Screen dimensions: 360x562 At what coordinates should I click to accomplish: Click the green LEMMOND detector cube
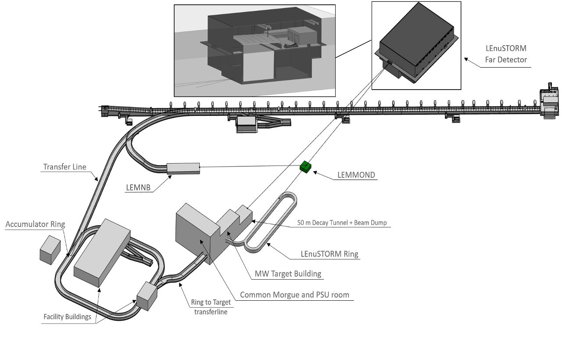click(306, 167)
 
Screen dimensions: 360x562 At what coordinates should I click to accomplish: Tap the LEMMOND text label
click(356, 175)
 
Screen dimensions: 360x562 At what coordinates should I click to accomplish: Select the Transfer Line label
click(64, 167)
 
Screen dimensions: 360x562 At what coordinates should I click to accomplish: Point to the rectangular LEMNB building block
click(183, 168)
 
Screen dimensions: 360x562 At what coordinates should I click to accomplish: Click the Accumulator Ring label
click(35, 224)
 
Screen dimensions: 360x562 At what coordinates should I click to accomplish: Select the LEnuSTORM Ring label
click(329, 254)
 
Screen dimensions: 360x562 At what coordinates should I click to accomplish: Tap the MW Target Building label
click(288, 274)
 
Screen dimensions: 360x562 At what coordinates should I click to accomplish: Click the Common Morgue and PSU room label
click(294, 295)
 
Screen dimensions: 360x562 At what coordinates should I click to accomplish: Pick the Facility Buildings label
click(67, 317)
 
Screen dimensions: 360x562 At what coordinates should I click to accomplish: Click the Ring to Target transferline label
click(211, 307)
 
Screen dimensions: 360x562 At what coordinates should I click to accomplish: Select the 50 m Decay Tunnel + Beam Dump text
click(342, 223)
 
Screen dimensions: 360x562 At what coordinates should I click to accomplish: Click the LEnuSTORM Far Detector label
click(506, 54)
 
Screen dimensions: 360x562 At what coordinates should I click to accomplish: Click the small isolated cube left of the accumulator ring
click(50, 249)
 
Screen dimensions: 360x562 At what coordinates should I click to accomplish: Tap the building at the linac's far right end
click(549, 102)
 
